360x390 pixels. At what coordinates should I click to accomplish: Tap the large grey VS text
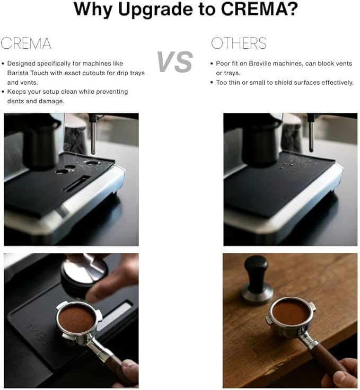(x=174, y=63)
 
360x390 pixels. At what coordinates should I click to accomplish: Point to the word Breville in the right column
(x=257, y=63)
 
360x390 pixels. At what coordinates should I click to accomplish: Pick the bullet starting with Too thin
(x=284, y=82)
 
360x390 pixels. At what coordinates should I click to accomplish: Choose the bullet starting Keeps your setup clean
(x=67, y=92)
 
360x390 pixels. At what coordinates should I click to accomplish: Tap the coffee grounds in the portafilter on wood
(x=291, y=312)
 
